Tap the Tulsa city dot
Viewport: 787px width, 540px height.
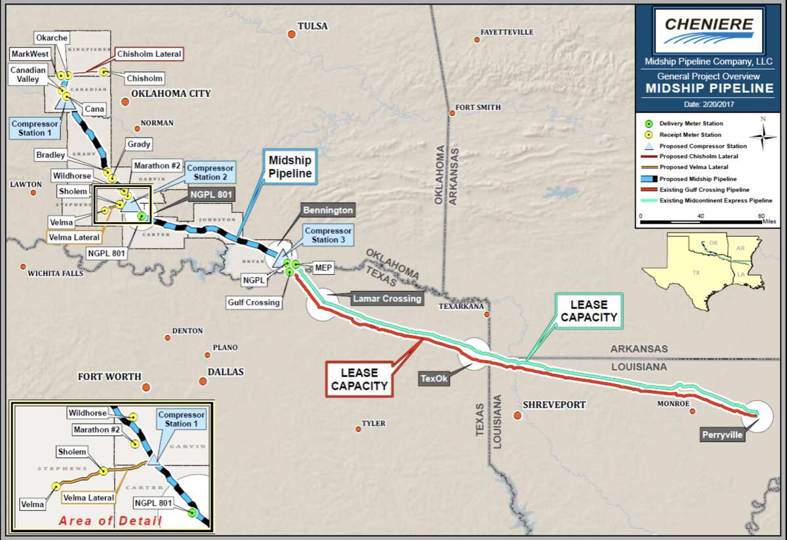(291, 33)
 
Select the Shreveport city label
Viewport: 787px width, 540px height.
(554, 405)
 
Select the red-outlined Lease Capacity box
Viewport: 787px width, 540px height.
(359, 379)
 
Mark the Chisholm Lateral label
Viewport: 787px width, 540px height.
(148, 54)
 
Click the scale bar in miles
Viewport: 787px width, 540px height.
(700, 222)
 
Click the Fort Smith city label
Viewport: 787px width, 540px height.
(478, 107)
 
